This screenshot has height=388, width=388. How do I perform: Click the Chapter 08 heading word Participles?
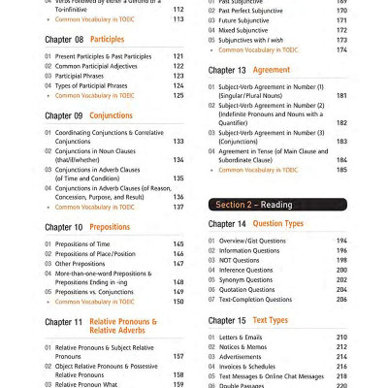[x=107, y=40]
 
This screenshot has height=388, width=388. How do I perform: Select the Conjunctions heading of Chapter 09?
[x=111, y=115]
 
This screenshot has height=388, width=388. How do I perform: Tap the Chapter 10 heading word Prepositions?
[x=110, y=227]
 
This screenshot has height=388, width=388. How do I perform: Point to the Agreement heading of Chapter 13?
[x=271, y=71]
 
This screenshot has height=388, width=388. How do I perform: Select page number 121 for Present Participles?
[x=178, y=56]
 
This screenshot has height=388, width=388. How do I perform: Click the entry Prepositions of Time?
[x=82, y=243]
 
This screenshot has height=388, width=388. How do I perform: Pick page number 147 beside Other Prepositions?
[x=178, y=264]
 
